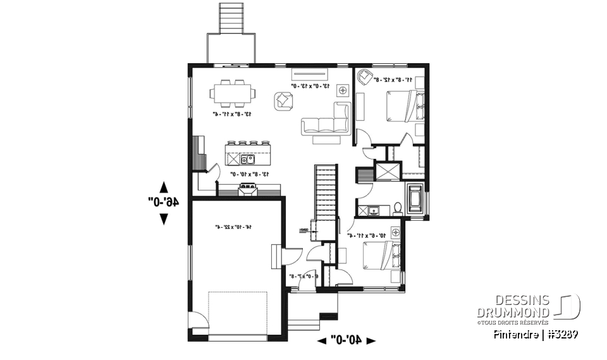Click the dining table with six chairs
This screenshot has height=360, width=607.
click(x=233, y=94)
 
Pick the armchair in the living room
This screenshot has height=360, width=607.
click(x=284, y=100)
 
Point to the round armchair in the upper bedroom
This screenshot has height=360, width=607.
click(x=365, y=77)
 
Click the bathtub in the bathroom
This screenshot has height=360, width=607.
click(x=416, y=197)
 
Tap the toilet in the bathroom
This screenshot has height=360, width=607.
click(x=398, y=207)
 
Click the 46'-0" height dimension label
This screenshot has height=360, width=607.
click(x=164, y=202)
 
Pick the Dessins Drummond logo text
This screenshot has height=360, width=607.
click(x=513, y=306)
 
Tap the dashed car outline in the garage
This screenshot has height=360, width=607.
click(x=238, y=313)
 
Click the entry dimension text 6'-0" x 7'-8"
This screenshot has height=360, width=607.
click(x=303, y=276)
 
